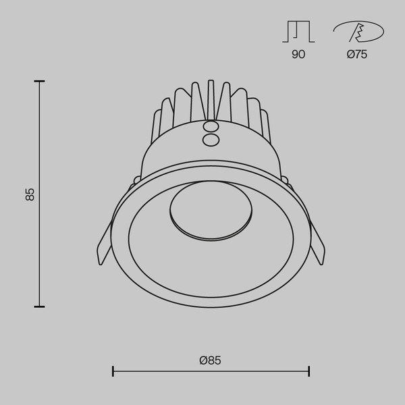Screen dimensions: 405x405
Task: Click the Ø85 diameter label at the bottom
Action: (211, 360)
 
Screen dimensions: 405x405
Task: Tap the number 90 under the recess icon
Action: (298, 55)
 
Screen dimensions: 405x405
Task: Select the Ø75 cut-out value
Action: (356, 55)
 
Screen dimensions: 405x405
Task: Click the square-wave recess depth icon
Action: (298, 32)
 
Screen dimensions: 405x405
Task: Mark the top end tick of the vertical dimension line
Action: (40, 81)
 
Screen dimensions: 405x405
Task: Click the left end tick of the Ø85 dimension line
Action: (113, 371)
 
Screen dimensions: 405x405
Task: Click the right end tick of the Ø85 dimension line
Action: (308, 371)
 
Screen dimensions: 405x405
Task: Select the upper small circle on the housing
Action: (211, 126)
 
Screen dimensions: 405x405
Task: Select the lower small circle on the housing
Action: (211, 139)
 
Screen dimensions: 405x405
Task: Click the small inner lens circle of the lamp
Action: (211, 211)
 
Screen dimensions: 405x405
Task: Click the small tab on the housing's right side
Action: (286, 181)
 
